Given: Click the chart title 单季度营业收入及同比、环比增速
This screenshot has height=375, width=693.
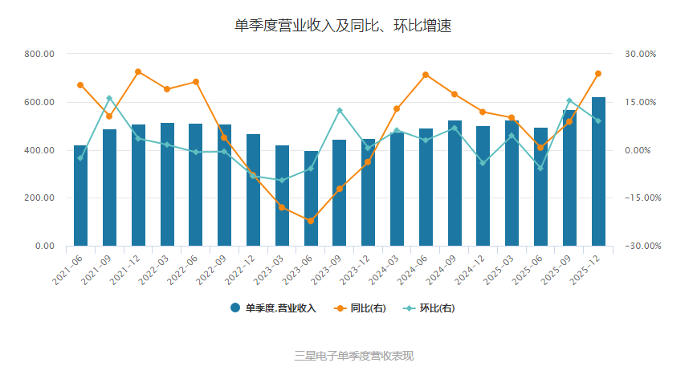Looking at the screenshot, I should tap(342, 26).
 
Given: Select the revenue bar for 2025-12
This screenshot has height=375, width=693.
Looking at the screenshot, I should tap(598, 171).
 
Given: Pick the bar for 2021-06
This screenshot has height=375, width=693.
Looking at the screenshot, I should tap(80, 195).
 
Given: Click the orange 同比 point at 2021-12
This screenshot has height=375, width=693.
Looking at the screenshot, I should tap(138, 72).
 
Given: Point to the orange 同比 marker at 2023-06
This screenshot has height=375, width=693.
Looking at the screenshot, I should tap(311, 221).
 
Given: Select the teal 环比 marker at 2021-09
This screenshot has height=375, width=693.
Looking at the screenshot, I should tap(109, 98).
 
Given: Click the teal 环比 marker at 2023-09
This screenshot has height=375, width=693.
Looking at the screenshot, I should tap(340, 110).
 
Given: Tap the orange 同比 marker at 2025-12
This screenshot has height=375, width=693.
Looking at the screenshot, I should tap(598, 74).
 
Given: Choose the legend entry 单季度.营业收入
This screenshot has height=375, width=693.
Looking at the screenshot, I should tap(273, 308).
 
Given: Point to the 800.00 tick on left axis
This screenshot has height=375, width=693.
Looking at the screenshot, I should tap(39, 54).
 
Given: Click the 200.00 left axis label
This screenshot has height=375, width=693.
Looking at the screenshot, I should tap(39, 198).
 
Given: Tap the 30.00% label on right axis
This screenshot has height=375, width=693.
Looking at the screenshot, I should tap(641, 54).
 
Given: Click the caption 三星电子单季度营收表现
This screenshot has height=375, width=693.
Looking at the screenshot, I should tap(354, 356).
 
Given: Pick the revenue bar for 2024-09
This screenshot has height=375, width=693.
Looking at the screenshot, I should tap(455, 183).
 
